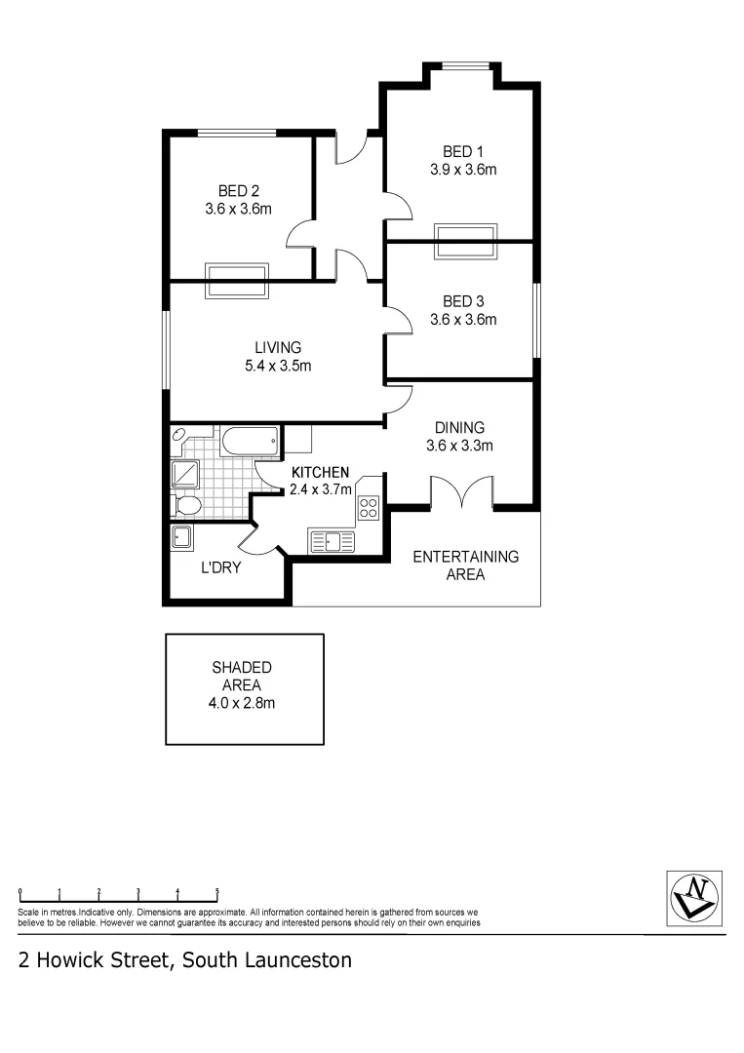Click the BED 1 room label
pos(463,151)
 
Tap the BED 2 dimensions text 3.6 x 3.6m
pos(238,208)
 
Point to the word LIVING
pos(278,347)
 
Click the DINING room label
pos(459,427)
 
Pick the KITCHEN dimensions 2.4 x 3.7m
pos(320,489)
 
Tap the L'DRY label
pos(220,566)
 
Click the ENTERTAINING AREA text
pos(465,565)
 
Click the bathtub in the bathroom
pos(250,442)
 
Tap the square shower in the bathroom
pos(184,474)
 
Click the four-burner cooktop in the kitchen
pos(370,506)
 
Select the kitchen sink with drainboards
pos(333,540)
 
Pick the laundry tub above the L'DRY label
pos(181,536)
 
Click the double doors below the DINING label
pos(461,492)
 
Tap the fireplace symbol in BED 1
pos(465,241)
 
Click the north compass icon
pos(695,894)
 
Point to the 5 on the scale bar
pos(216,891)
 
